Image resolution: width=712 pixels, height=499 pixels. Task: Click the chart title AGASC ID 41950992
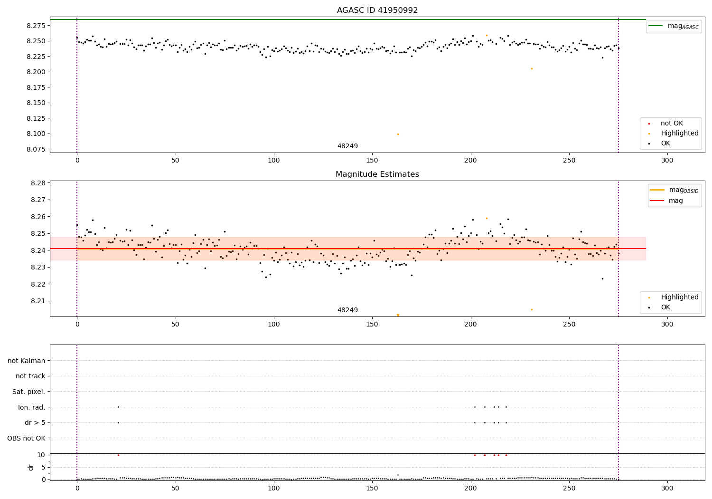(x=377, y=10)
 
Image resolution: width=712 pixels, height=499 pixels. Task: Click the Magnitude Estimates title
(x=377, y=174)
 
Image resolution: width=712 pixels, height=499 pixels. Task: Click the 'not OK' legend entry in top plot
(x=672, y=124)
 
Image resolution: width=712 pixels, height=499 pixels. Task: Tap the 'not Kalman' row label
(x=27, y=361)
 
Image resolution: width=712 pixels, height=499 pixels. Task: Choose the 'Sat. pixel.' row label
(x=29, y=392)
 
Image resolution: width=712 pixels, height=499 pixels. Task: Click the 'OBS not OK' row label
(x=27, y=438)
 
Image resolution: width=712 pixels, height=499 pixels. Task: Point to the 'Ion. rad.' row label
(x=32, y=407)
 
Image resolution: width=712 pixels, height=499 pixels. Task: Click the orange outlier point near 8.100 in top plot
(x=398, y=134)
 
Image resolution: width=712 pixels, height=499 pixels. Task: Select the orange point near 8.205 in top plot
(x=532, y=68)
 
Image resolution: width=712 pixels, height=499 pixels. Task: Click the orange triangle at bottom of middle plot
(x=398, y=315)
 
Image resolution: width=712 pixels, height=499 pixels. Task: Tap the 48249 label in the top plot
(x=347, y=146)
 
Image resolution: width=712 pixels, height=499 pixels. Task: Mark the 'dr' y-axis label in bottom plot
(x=31, y=467)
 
